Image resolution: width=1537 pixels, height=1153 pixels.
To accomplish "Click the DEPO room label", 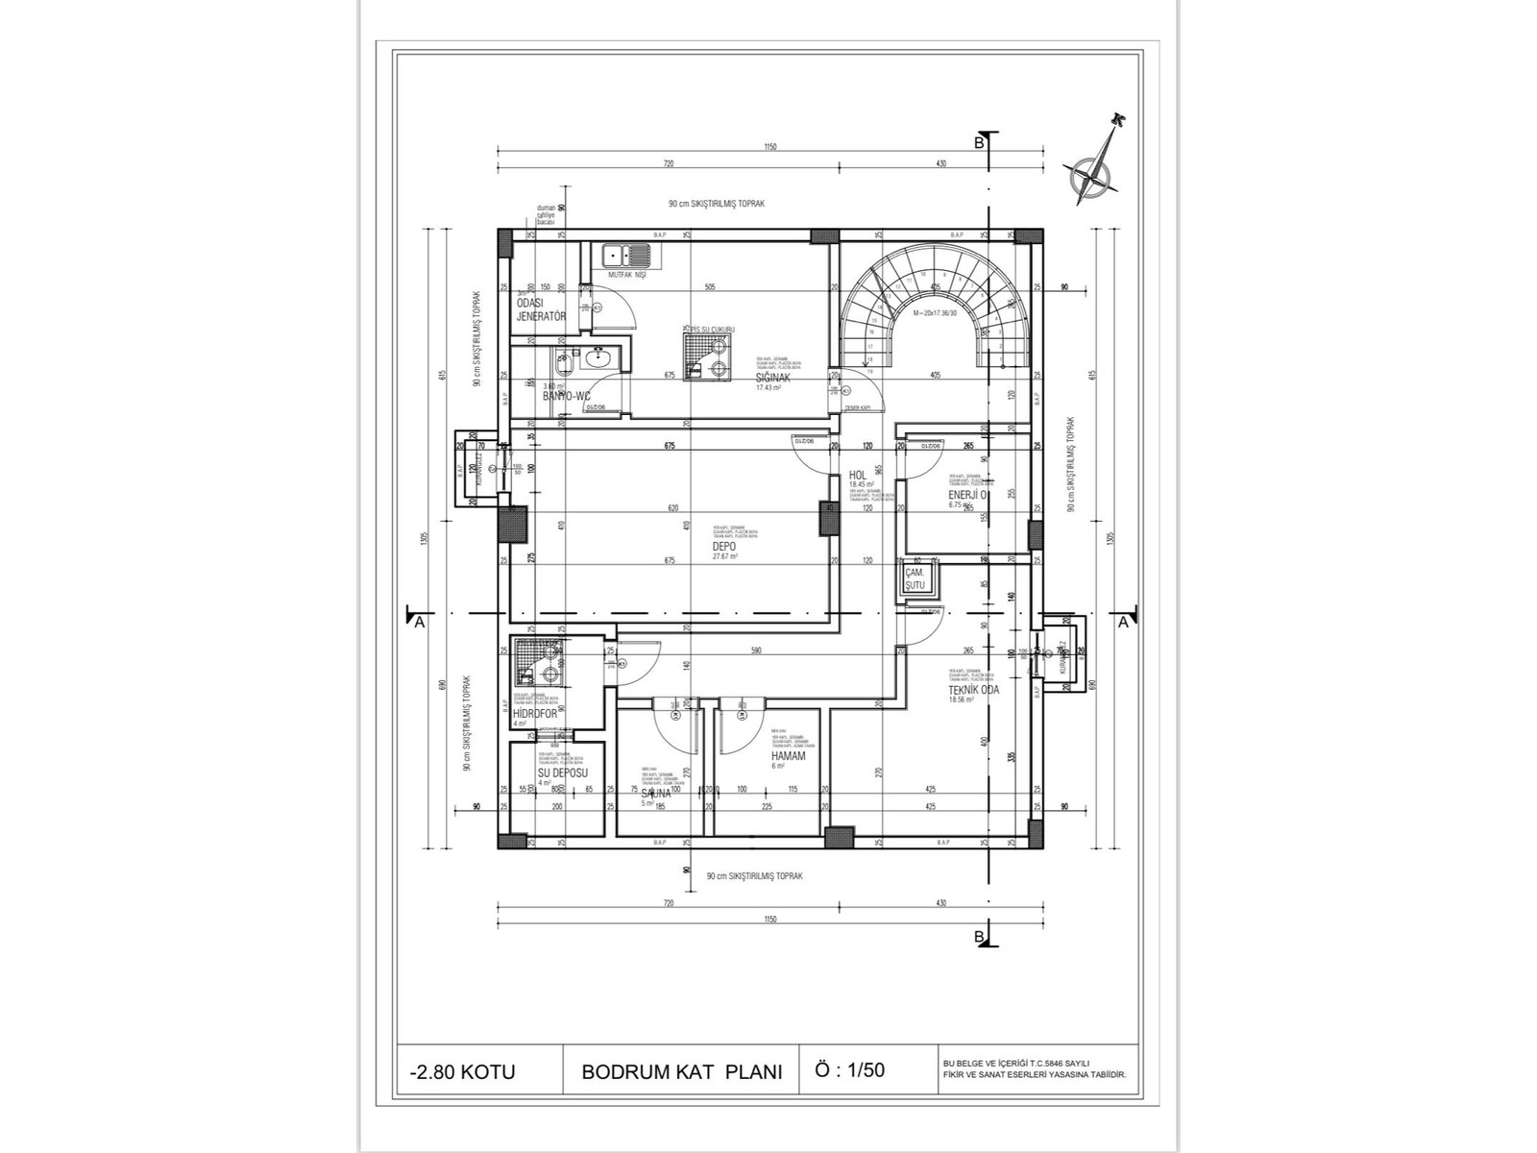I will coord(723,546).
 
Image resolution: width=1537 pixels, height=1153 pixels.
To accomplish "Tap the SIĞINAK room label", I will coord(772,378).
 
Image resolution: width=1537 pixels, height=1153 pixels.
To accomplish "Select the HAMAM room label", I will coord(788,756).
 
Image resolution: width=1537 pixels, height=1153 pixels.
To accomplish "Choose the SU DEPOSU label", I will coord(563,773).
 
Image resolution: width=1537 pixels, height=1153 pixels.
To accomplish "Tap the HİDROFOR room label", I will coord(536,713).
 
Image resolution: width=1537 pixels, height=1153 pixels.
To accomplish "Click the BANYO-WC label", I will coord(566,396).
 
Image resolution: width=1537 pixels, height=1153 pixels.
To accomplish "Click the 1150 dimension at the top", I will coord(769,147).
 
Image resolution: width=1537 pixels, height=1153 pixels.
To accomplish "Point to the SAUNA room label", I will coord(656,794).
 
